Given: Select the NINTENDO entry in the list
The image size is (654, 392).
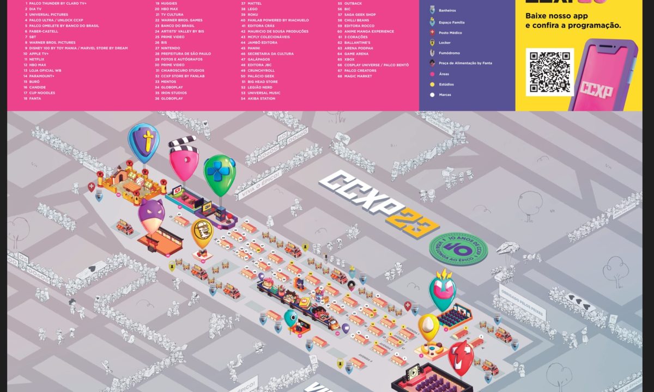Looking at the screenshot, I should [x=171, y=48].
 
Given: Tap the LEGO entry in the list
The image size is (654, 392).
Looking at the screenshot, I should [x=252, y=9].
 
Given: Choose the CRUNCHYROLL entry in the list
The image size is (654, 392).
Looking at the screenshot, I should [x=261, y=70].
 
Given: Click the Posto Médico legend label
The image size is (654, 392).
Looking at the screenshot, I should [x=450, y=33].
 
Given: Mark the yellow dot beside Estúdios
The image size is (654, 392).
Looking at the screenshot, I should [x=432, y=84].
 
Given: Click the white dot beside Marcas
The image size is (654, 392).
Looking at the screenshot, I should [x=432, y=95].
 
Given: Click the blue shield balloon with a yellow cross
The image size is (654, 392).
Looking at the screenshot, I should [x=144, y=141].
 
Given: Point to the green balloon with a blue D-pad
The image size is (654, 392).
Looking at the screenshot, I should [x=220, y=174].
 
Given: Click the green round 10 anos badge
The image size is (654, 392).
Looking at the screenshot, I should [x=458, y=249].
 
